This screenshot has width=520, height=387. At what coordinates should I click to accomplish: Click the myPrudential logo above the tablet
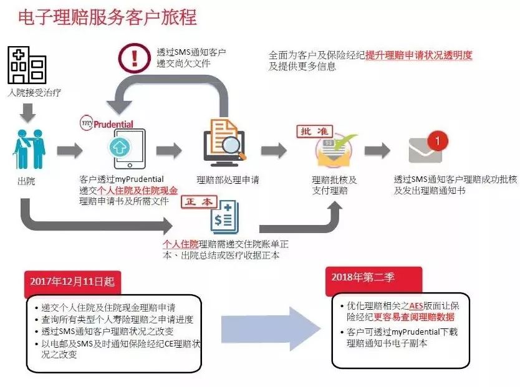pyautogui.click(x=106, y=123)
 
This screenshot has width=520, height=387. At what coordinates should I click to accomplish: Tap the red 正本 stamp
pyautogui.click(x=198, y=202)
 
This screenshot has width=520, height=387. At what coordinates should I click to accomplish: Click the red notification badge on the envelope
pyautogui.click(x=438, y=140)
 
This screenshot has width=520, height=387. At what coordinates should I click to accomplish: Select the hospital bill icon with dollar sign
pyautogui.click(x=224, y=216)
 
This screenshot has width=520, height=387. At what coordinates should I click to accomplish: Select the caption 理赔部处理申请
pyautogui.click(x=228, y=180)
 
